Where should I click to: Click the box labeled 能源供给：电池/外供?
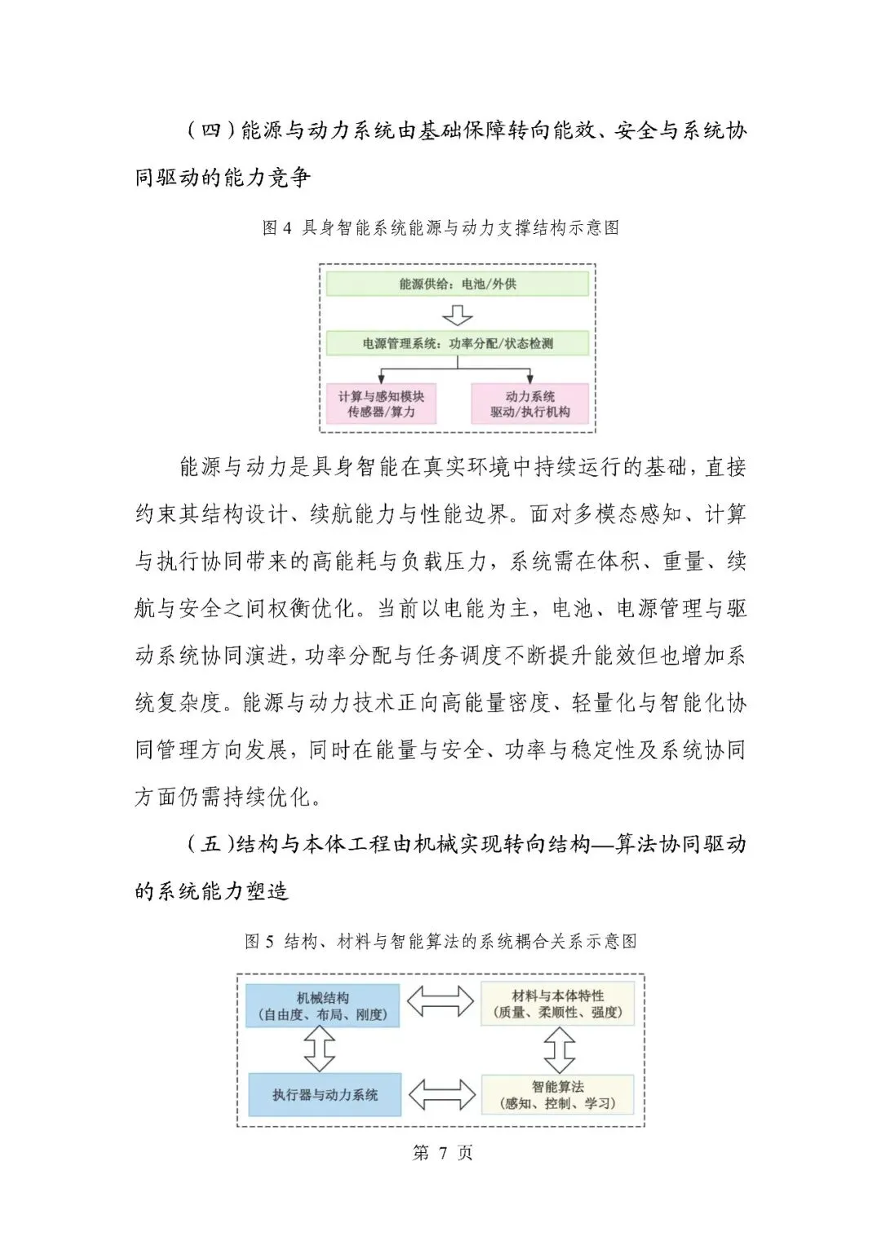(x=457, y=284)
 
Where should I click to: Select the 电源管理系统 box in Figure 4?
(x=457, y=343)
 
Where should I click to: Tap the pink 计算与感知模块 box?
(x=381, y=404)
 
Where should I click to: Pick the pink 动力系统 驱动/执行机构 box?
(x=529, y=404)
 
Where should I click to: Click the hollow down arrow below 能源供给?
(x=457, y=315)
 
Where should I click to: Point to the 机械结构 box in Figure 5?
(x=323, y=1006)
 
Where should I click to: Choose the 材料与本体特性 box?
(x=558, y=1004)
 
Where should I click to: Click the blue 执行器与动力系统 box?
(x=325, y=1095)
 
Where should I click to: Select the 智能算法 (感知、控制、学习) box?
(x=558, y=1095)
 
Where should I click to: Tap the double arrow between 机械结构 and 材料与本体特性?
(x=440, y=1002)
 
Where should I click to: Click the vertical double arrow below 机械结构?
(x=319, y=1049)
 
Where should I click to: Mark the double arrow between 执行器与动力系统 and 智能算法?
(x=441, y=1095)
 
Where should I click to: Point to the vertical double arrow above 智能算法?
(x=559, y=1049)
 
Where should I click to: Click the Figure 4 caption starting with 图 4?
(x=440, y=227)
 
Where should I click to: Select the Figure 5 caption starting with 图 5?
(x=440, y=942)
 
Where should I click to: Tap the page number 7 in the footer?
(x=443, y=1152)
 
